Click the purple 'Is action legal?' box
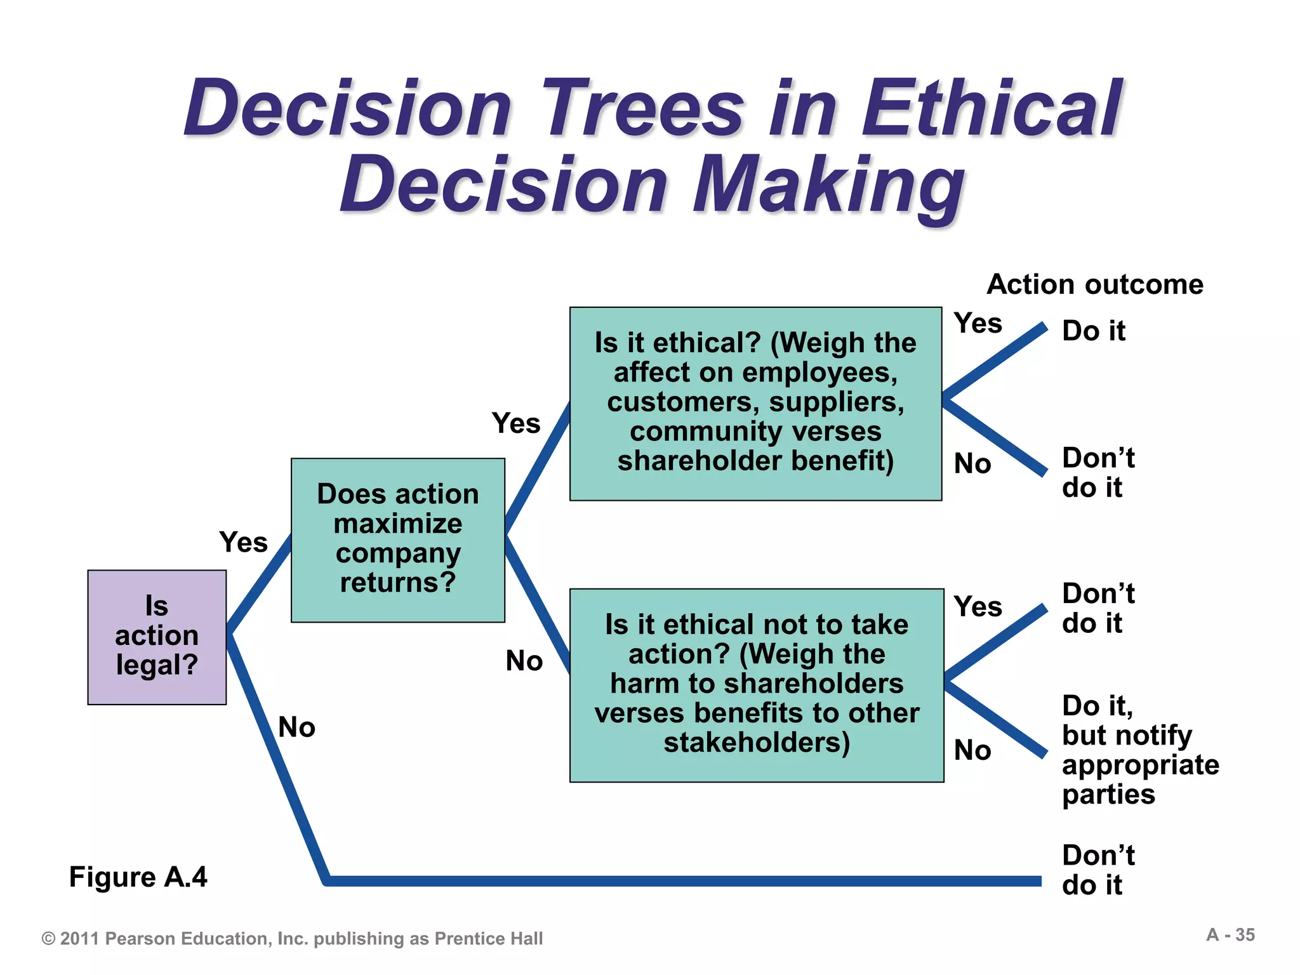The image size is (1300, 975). pyautogui.click(x=157, y=637)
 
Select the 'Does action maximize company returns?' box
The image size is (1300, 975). pyautogui.click(x=398, y=540)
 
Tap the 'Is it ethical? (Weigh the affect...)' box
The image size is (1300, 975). pyautogui.click(x=755, y=404)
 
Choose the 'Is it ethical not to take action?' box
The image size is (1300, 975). pyautogui.click(x=757, y=685)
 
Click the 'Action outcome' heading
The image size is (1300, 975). pyautogui.click(x=1095, y=284)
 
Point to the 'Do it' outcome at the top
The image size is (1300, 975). pyautogui.click(x=1093, y=331)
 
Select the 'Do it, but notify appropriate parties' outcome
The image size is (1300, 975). pyautogui.click(x=1139, y=750)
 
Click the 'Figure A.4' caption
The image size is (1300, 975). pyautogui.click(x=138, y=877)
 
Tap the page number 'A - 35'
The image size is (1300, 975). pyautogui.click(x=1230, y=935)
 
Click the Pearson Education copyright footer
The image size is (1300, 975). pyautogui.click(x=292, y=939)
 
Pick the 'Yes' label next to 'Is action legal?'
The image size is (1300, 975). pyautogui.click(x=243, y=543)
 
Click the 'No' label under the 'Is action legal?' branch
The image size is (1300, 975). pyautogui.click(x=296, y=727)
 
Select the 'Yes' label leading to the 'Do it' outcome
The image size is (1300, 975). pyautogui.click(x=978, y=324)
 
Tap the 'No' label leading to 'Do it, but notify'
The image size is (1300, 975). pyautogui.click(x=972, y=750)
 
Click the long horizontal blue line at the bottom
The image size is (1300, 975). pyautogui.click(x=682, y=881)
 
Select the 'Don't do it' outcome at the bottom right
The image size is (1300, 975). pyautogui.click(x=1098, y=870)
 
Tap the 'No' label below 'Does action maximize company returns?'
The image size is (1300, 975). pyautogui.click(x=524, y=661)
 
